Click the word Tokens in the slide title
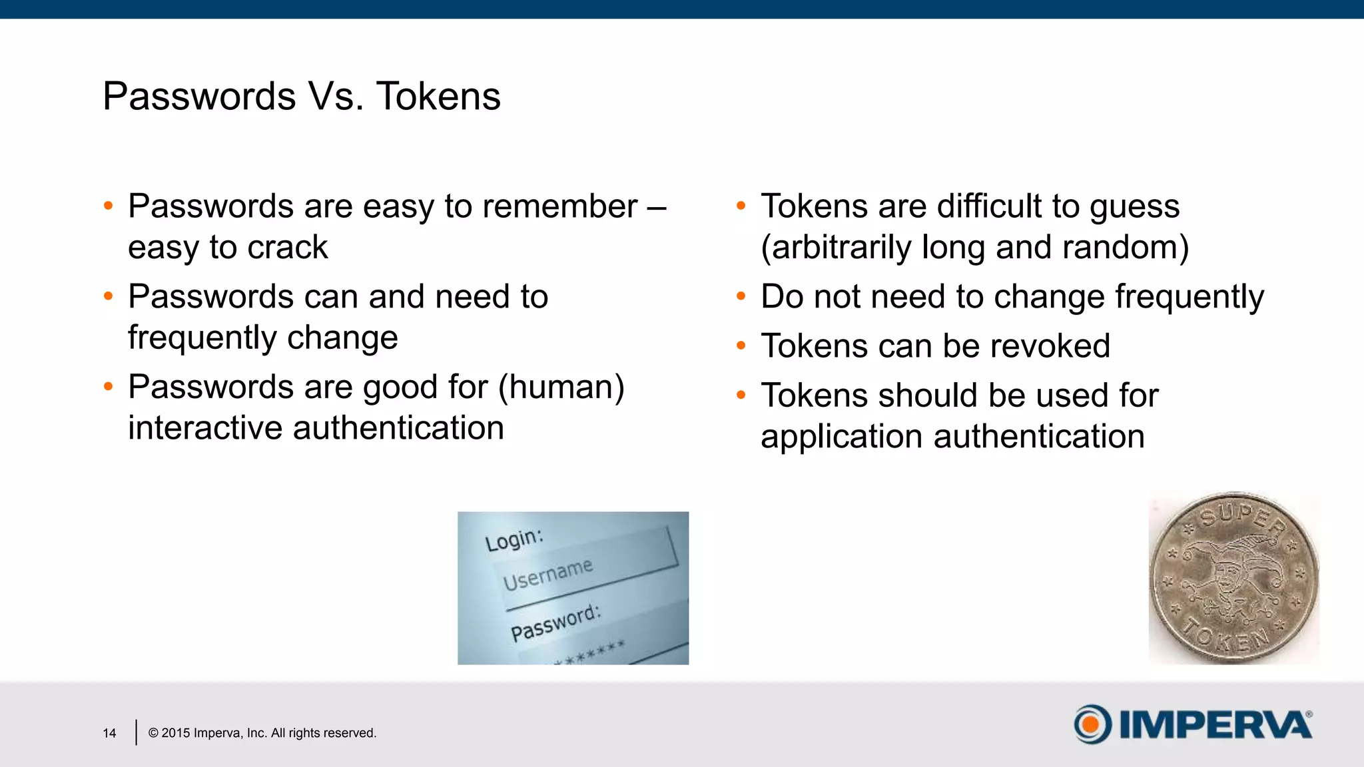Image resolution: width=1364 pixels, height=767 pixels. tap(438, 97)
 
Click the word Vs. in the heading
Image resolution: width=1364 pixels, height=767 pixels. tap(336, 97)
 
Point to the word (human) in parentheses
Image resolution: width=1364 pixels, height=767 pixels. tap(561, 387)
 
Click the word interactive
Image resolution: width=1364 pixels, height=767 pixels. tap(205, 428)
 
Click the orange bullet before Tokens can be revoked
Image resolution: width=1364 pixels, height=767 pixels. tap(741, 346)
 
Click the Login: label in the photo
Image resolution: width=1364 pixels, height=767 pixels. tap(513, 539)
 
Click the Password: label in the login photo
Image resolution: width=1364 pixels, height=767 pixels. tap(555, 623)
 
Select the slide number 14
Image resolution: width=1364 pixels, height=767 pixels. tap(109, 733)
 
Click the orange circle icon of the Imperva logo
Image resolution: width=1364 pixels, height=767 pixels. tap(1092, 724)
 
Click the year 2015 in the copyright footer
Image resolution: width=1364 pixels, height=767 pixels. tap(176, 733)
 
